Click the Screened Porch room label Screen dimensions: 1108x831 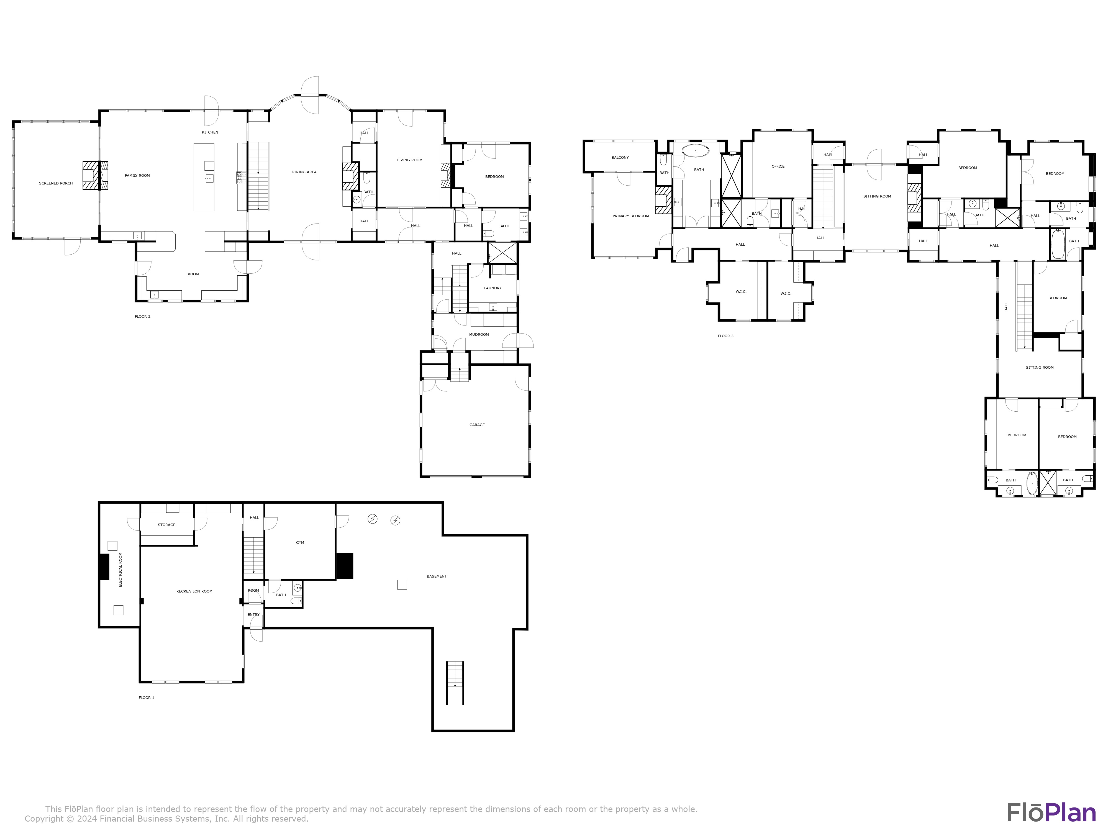point(56,183)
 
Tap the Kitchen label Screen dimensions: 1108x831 point(210,132)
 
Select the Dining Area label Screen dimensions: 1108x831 point(304,172)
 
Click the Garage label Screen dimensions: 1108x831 point(477,425)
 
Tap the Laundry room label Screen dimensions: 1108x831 point(493,288)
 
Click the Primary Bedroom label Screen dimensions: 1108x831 point(631,216)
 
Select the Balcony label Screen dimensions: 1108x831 point(620,157)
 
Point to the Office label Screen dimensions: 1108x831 point(778,166)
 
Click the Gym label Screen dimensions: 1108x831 point(300,542)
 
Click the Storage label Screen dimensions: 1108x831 point(167,525)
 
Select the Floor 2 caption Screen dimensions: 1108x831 point(143,317)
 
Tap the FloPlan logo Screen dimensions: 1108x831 point(1051,812)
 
